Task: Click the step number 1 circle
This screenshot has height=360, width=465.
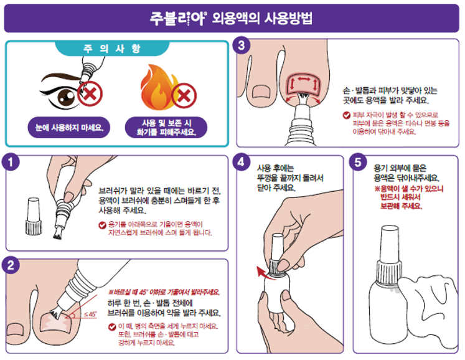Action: tap(11, 162)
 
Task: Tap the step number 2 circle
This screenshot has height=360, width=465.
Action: tap(11, 265)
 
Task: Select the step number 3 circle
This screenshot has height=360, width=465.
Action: tap(242, 45)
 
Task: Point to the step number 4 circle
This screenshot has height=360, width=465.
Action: tap(242, 162)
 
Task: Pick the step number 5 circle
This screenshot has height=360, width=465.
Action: tap(358, 162)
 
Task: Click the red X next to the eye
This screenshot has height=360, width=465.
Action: tap(90, 93)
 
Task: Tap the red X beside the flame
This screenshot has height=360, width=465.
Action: tap(184, 95)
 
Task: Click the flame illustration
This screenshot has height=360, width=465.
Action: tap(159, 87)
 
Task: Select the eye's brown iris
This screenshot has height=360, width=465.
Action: tap(67, 96)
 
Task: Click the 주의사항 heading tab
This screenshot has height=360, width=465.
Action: tap(112, 48)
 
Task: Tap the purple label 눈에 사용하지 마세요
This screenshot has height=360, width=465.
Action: tap(69, 128)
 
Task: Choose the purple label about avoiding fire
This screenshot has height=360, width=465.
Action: tap(166, 128)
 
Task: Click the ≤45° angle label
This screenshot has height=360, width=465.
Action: tap(90, 314)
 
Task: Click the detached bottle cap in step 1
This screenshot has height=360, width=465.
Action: tap(33, 216)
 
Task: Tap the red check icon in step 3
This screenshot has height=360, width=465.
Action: tap(346, 115)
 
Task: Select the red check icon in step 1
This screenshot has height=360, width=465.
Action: tap(102, 225)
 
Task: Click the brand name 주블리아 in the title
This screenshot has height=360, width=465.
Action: tap(177, 19)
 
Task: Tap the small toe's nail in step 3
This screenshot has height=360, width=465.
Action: tap(261, 92)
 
